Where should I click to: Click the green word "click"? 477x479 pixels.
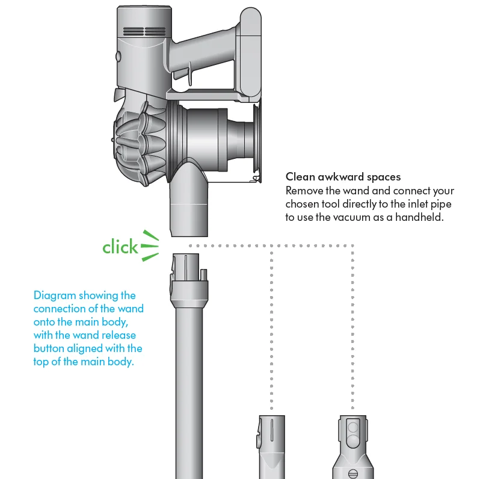[120, 247]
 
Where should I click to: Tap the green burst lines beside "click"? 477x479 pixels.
[150, 246]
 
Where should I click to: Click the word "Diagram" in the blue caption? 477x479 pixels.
[54, 295]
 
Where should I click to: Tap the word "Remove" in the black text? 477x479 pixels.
[304, 190]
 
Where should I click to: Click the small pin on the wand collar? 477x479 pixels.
[205, 274]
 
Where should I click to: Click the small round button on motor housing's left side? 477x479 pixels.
[118, 57]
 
